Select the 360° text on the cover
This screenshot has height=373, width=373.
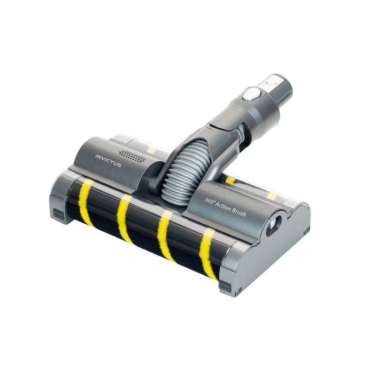point(210,201)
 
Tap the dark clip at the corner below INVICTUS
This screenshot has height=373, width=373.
point(58,214)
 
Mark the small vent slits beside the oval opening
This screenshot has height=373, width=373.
point(306,230)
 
